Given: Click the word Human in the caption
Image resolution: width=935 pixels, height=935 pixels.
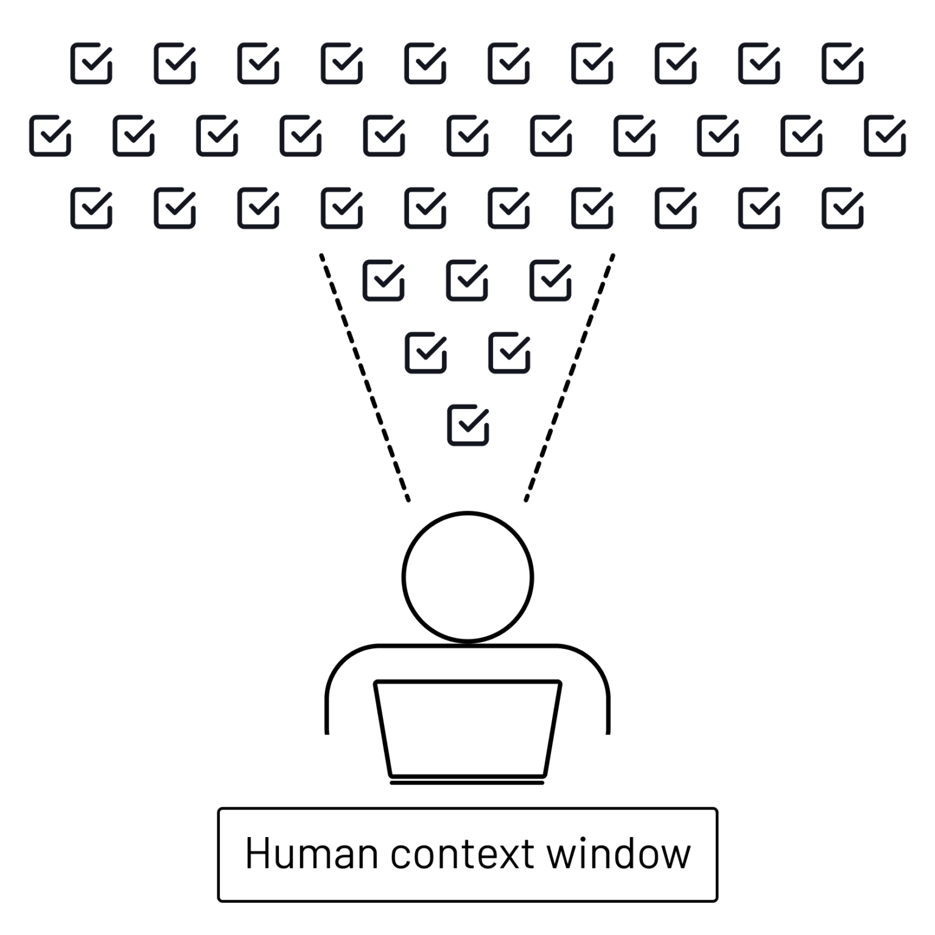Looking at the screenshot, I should tap(310, 853).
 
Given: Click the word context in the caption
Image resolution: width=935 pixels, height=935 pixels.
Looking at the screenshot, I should tap(463, 853).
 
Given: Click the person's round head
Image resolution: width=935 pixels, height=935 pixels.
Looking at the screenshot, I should tap(467, 577).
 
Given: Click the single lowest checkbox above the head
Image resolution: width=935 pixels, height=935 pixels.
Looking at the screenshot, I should tap(468, 425).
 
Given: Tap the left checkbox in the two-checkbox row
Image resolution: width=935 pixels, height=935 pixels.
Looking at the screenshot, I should tap(425, 352).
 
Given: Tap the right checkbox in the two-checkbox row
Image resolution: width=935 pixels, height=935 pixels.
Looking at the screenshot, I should tap(510, 352).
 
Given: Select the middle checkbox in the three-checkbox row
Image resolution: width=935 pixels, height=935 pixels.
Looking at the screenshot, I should tap(467, 280).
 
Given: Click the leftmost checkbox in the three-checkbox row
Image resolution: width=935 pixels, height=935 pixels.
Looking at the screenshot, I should tap(383, 280).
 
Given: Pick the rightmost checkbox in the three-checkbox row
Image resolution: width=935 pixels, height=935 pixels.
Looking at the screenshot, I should tap(550, 280).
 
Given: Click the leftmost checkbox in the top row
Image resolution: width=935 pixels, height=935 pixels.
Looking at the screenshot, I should tap(91, 63).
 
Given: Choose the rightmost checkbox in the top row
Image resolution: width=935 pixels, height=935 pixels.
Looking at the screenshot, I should tap(842, 63).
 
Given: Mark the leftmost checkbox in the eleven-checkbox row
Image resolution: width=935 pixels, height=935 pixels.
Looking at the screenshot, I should tap(50, 135).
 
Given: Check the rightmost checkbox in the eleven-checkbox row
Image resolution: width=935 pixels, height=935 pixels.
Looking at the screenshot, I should tap(884, 135).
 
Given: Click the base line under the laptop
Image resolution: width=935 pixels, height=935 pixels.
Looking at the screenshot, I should tap(467, 783).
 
